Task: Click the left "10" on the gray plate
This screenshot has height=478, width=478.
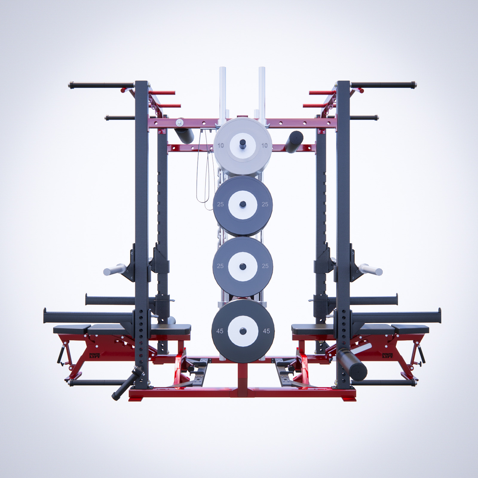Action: (220, 146)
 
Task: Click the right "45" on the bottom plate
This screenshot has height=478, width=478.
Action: (266, 331)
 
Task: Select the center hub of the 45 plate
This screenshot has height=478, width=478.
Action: (243, 331)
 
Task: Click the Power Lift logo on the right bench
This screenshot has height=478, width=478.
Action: (388, 356)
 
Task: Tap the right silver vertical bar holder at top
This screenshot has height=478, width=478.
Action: (262, 93)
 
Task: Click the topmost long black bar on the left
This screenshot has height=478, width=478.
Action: (102, 85)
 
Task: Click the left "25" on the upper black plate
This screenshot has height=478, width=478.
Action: (220, 204)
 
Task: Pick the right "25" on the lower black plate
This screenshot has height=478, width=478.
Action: (265, 266)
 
